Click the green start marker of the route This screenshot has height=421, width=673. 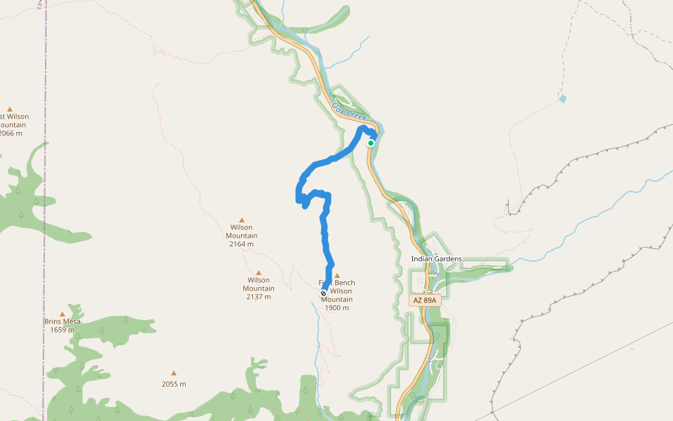tap(371, 143)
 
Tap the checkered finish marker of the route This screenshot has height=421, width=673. tap(323, 293)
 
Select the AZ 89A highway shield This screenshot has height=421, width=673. tap(424, 300)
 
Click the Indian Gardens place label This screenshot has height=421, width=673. tap(436, 259)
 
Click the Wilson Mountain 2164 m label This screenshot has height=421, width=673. tap(242, 236)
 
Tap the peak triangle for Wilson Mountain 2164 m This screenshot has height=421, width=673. tap(242, 220)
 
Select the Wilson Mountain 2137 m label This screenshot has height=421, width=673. tap(259, 288)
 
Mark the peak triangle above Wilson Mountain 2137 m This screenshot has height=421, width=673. tap(259, 273)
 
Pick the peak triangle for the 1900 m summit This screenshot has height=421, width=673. tap(337, 276)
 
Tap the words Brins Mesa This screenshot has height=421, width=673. tap(62, 321)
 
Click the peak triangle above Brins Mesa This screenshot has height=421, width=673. tap(62, 314)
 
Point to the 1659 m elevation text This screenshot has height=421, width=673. tap(62, 330)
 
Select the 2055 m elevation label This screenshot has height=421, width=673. tap(174, 384)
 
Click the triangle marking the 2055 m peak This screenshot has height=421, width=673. tap(174, 373)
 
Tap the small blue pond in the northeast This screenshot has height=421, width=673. tap(562, 99)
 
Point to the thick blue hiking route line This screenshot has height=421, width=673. tap(325, 232)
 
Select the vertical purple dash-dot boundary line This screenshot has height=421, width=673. tap(44, 210)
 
